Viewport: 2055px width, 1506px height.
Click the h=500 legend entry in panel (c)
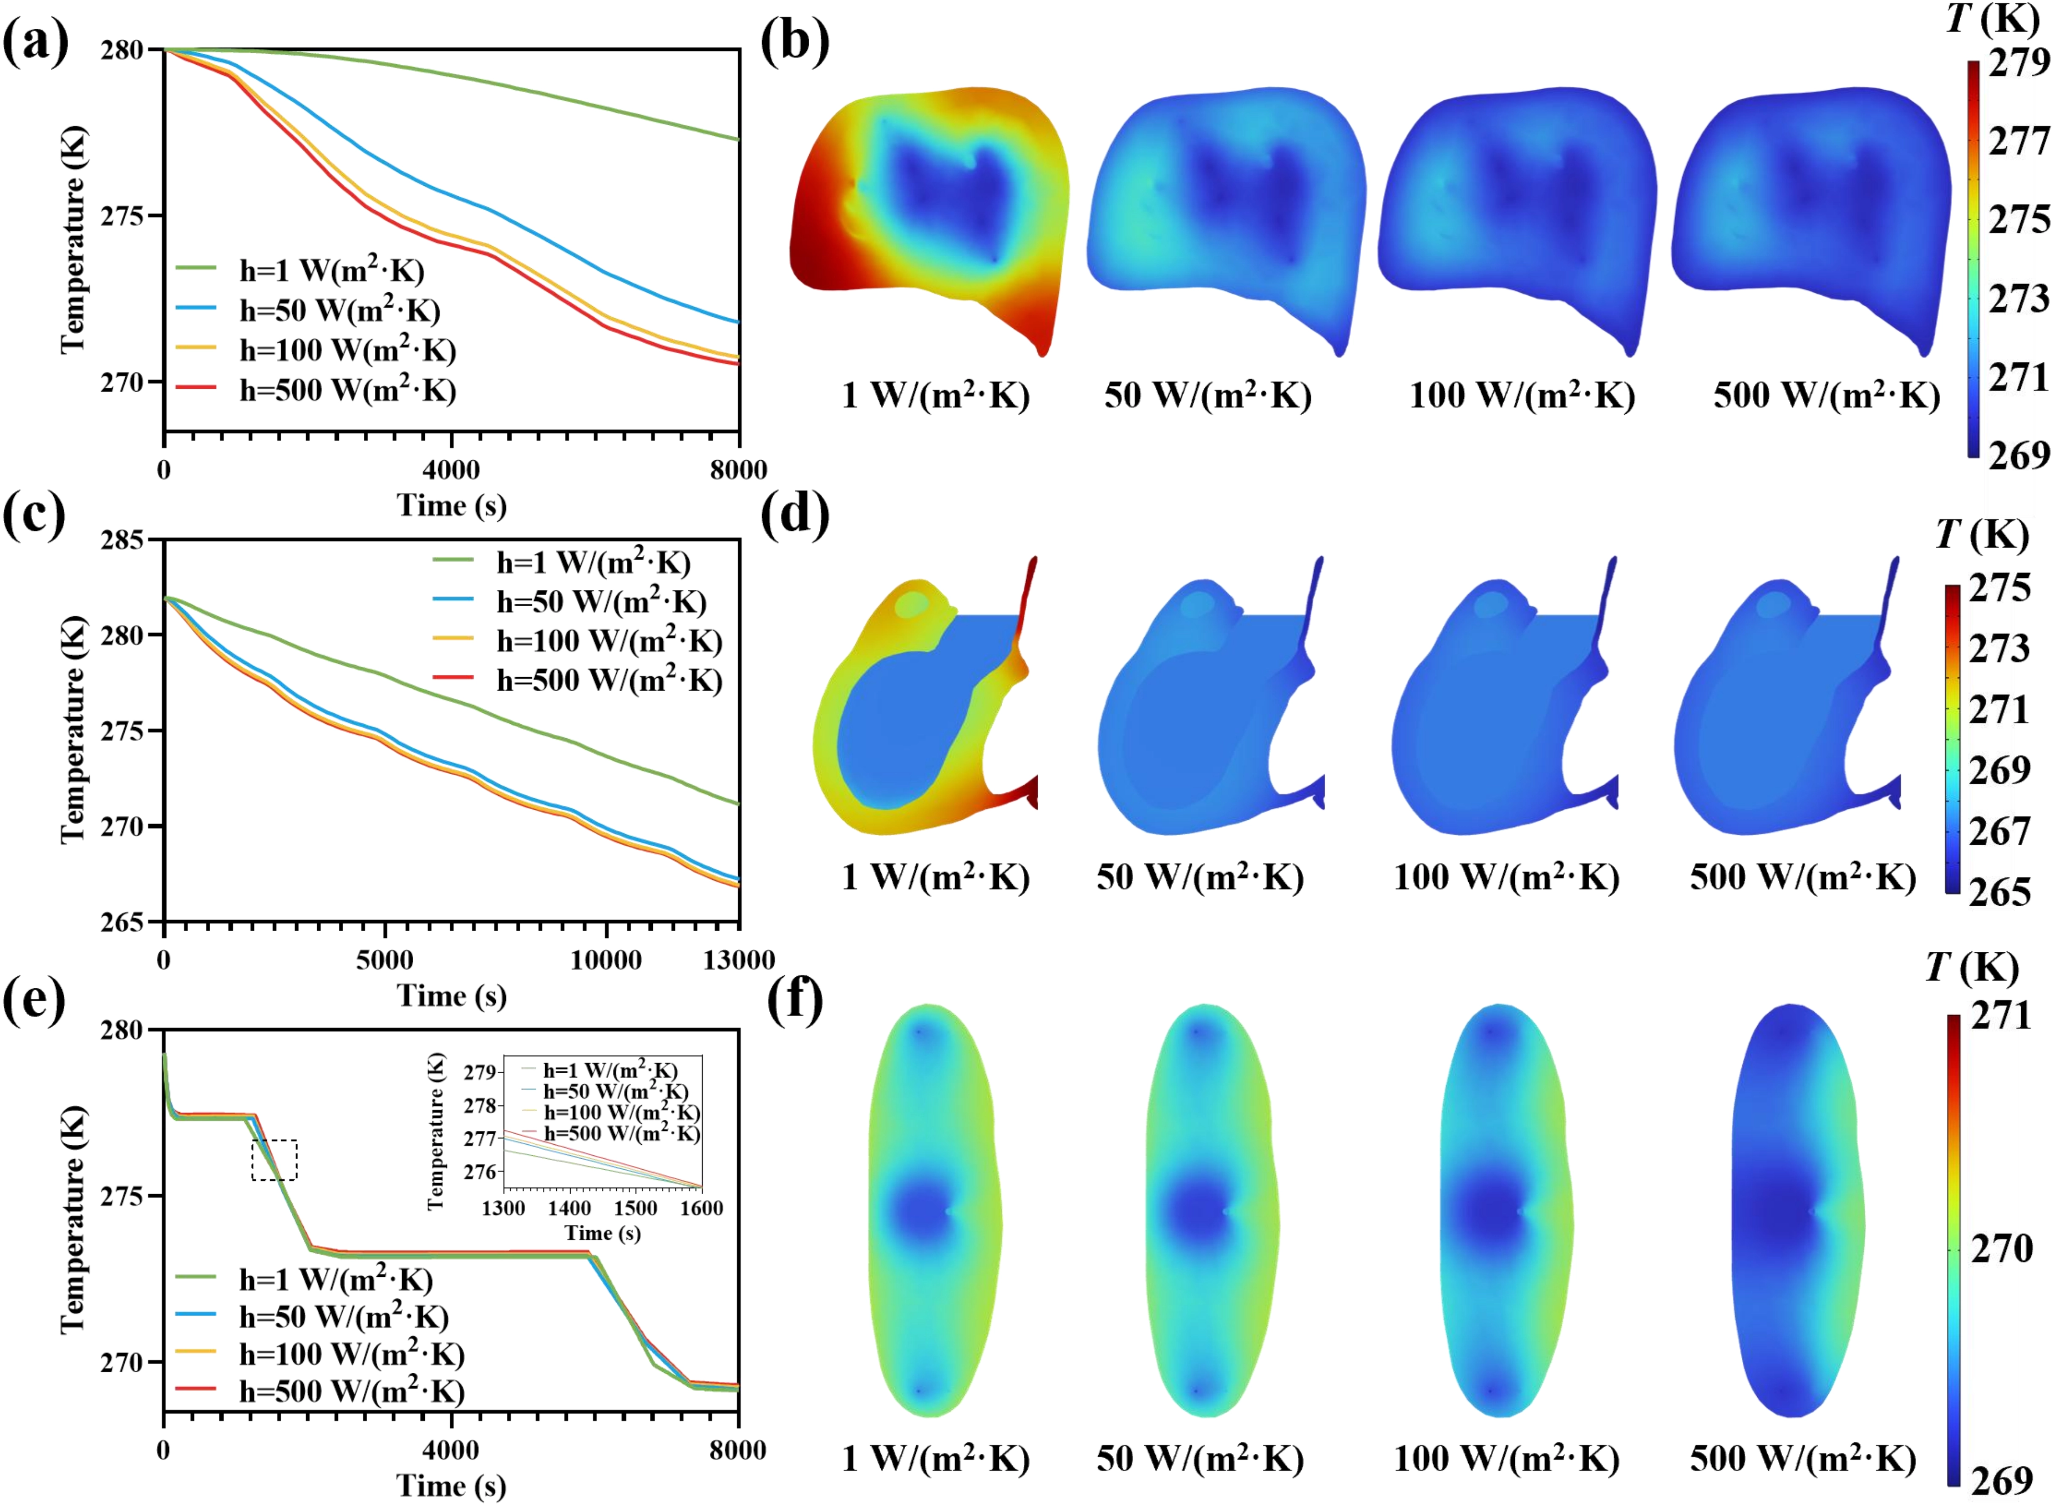(x=609, y=681)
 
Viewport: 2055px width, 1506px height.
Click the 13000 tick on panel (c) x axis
(x=738, y=960)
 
